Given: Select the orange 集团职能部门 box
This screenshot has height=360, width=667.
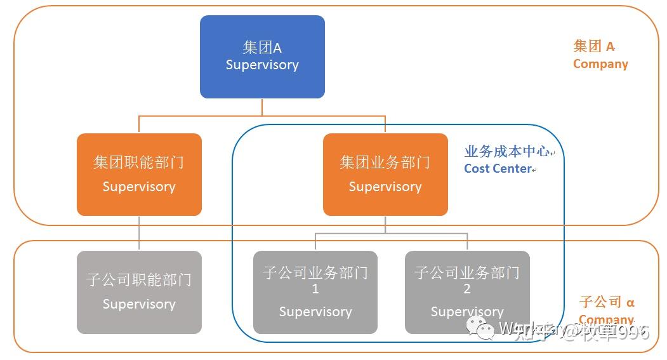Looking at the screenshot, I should [139, 174].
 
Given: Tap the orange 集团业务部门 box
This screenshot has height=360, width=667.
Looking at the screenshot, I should [385, 174].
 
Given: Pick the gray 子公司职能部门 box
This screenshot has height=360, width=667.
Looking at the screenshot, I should [139, 292].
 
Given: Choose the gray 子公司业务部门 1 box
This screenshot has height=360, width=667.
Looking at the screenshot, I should [315, 292].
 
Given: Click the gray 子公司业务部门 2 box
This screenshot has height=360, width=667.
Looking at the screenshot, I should [467, 292].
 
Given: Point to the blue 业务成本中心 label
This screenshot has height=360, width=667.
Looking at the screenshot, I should [507, 152].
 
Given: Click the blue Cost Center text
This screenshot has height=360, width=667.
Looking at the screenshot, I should [498, 169].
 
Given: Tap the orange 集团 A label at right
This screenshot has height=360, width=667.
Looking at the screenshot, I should [593, 46].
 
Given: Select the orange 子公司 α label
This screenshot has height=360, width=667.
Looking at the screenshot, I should [607, 302].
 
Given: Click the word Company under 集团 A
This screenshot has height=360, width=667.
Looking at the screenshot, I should [600, 64].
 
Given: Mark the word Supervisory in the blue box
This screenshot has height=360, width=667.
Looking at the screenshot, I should [262, 65].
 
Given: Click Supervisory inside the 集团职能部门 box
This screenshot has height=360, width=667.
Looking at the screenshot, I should [139, 187].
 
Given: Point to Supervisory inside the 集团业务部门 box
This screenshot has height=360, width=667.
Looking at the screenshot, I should [385, 187].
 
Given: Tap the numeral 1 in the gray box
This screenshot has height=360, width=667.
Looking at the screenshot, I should [315, 290].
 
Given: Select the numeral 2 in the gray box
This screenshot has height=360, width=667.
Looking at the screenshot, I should [467, 290].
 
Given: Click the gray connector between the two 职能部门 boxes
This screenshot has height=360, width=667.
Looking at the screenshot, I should [139, 233].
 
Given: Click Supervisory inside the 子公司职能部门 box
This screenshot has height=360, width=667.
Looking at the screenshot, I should [139, 304].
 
